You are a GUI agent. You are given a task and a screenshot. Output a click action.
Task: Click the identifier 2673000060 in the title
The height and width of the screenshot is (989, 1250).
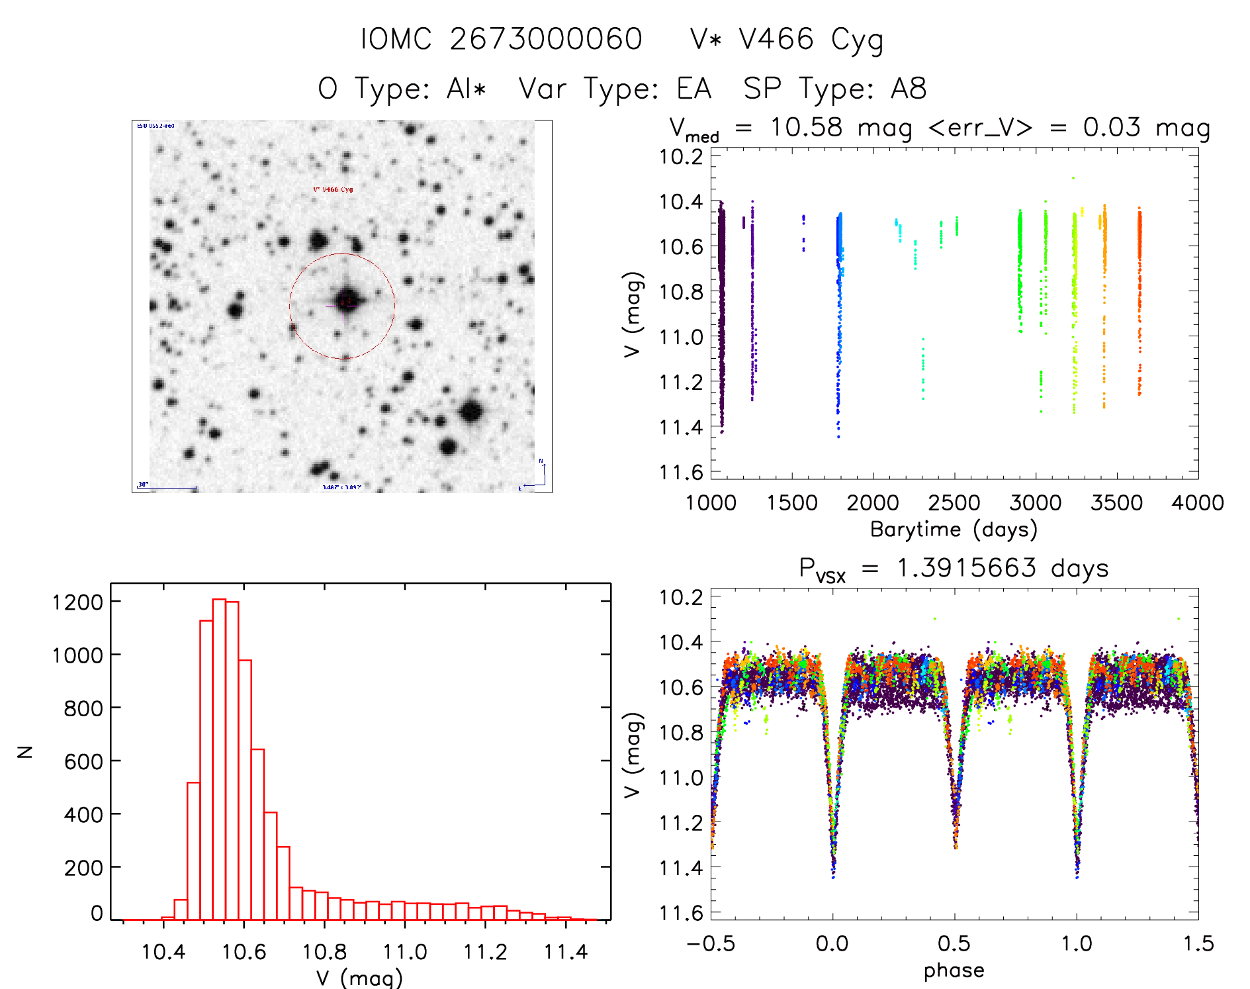pos(546,39)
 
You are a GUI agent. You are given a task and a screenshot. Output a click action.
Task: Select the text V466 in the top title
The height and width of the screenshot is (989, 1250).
pos(776,39)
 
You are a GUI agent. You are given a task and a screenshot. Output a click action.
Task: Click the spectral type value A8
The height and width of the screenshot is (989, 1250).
pos(909,89)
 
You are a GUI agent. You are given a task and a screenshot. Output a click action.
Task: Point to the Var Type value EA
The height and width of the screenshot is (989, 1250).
pos(693,89)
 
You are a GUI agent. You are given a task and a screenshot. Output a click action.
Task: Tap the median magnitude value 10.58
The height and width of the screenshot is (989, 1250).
pos(806,127)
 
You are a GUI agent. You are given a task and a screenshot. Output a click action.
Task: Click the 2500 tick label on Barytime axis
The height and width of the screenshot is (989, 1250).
pos(954,503)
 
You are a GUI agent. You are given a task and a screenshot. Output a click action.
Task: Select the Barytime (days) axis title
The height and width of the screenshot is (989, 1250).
pos(954,530)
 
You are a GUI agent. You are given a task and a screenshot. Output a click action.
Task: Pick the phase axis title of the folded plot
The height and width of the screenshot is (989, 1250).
pos(954,970)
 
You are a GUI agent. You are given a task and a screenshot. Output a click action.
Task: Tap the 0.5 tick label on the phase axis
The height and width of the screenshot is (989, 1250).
pos(954,944)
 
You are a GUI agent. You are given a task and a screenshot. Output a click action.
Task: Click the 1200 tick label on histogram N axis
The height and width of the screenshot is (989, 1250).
pos(78,602)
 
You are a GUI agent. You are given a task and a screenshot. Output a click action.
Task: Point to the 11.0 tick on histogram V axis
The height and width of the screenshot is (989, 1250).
pos(405,952)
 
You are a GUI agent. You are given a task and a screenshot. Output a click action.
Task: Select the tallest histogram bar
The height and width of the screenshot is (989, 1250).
pos(219,759)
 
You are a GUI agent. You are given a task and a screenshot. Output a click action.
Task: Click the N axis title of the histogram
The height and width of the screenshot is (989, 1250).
pos(25,751)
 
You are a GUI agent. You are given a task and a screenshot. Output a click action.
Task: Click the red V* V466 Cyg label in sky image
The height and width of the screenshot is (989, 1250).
pos(333,189)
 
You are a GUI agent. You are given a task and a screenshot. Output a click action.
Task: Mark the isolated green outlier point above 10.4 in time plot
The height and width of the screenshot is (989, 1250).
pos(1073,178)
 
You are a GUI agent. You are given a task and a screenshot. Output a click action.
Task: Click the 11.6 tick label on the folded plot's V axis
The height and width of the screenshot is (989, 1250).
pos(680,913)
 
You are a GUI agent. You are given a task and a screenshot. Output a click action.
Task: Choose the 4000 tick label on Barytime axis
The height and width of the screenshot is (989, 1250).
pos(1198,503)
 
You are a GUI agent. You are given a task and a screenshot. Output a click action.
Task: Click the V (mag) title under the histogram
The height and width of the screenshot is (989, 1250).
pos(359,978)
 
